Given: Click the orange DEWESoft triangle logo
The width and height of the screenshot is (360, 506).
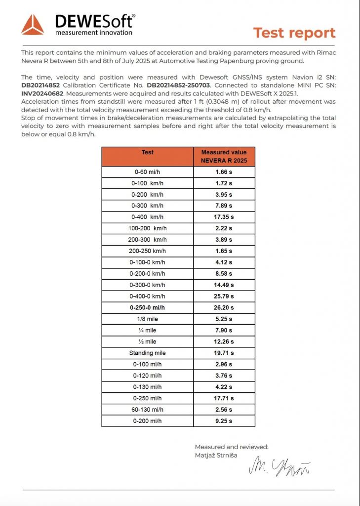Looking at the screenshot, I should coord(33,25).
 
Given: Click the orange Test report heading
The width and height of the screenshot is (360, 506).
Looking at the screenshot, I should coord(294,33).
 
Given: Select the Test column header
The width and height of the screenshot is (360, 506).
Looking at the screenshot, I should coord(148,153).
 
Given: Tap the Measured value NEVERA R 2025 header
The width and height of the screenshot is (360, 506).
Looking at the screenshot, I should coord(224,156).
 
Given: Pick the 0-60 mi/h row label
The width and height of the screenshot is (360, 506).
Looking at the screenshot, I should coord(148,172).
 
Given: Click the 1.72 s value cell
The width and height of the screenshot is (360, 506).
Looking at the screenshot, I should coord(224,183).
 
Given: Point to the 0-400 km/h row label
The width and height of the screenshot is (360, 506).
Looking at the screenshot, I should coord(148,217).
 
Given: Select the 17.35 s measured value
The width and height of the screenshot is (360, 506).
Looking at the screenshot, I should coord(224,217).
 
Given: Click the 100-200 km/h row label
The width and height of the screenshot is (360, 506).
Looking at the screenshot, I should coord(148,228).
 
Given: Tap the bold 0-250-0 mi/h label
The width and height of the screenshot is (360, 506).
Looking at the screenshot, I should coord(148,307).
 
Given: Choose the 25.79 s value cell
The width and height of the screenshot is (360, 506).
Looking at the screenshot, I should coord(224,296).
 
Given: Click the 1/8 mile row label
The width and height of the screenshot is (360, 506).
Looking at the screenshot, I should coord(148,319).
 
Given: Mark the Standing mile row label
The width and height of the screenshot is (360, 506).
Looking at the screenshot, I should coord(148,353).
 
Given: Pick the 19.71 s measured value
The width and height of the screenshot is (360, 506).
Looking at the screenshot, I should coord(224,353).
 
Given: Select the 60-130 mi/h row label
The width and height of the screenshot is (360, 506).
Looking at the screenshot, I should coord(148,410).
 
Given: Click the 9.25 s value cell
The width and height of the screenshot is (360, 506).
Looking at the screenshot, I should coord(224,421).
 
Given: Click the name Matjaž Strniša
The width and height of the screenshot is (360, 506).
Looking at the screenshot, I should coord(216,455).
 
